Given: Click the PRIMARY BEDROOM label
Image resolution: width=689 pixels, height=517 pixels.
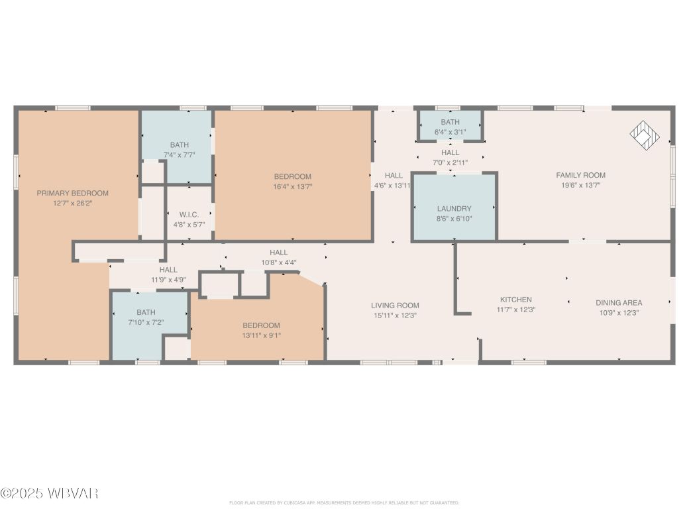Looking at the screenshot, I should [72, 193].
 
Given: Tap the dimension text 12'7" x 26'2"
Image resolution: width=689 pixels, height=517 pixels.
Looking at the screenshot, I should [72, 203].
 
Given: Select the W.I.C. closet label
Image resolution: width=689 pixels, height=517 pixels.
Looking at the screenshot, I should [188, 215].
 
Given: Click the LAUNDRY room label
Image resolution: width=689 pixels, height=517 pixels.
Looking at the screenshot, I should [454, 208].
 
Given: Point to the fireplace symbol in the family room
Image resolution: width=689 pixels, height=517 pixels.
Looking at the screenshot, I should [645, 135].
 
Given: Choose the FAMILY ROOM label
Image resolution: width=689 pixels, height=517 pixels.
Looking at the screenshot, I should [580, 175].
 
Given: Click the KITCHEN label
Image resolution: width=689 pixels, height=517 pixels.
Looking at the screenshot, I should [515, 300].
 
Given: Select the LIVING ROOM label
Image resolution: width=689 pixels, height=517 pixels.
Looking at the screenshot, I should [395, 305].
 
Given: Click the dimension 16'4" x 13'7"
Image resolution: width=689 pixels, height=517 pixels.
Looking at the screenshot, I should [292, 187].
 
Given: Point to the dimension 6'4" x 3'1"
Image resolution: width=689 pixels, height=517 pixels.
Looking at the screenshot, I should [450, 132].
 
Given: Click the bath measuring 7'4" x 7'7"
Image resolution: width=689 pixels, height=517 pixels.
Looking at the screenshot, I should [180, 150].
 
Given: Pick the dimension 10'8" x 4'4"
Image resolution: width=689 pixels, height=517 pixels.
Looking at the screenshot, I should [278, 262].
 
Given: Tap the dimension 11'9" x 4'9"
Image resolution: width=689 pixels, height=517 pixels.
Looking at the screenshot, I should [168, 280].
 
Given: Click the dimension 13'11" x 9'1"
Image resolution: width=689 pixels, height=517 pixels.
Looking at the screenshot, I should [261, 335].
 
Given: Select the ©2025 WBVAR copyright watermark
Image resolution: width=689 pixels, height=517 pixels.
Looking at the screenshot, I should [50, 493].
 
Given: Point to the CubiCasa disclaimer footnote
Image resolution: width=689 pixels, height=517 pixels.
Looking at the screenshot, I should [344, 503].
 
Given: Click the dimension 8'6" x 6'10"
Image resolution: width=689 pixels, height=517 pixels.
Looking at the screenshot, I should [454, 218].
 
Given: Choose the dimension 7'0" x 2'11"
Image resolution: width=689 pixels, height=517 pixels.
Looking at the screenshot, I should [450, 162].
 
